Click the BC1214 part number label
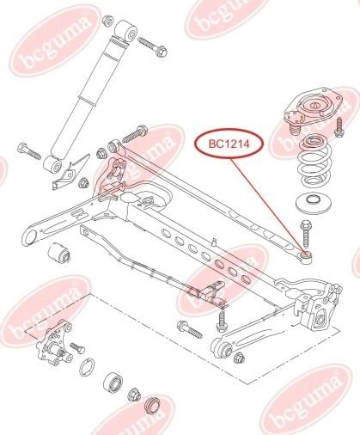click(229, 144)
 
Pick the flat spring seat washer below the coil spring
click(314, 203)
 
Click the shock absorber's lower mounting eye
click(53, 165)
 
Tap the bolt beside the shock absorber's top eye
click(152, 46)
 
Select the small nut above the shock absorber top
click(108, 21)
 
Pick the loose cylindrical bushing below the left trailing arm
click(58, 253)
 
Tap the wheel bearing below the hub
click(113, 384)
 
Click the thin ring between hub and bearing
click(87, 367)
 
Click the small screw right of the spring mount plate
click(339, 127)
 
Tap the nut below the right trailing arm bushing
click(239, 358)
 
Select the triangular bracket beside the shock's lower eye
click(70, 172)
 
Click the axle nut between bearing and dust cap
click(133, 395)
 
